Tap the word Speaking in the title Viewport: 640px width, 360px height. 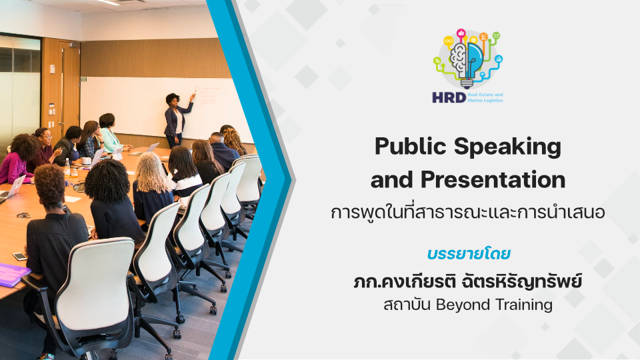[508, 147]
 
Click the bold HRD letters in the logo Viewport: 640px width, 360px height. [449, 97]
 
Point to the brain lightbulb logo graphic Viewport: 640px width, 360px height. [468, 59]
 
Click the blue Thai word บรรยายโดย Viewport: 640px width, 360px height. [469, 254]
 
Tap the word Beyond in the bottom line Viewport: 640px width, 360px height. [463, 305]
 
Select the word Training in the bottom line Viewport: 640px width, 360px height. [524, 305]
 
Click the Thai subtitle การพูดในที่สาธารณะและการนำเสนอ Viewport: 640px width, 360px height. [468, 212]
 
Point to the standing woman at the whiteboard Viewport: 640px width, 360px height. [176, 120]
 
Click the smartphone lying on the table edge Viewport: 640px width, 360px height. [19, 256]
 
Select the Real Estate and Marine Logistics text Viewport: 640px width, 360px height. [485, 97]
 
